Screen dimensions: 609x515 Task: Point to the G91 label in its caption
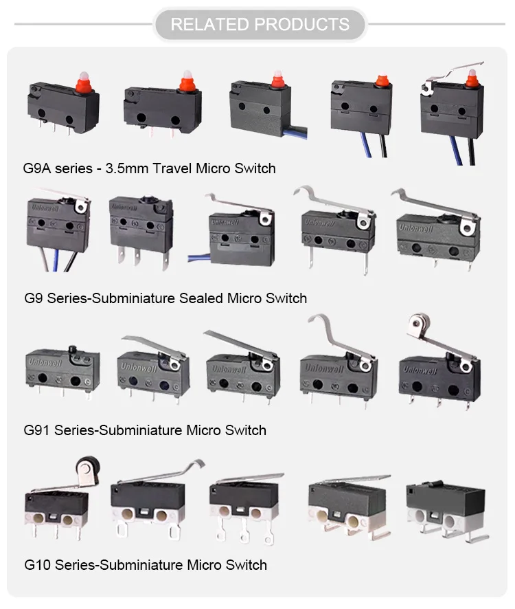[x=36, y=430]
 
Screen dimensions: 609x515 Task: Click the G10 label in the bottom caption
[x=36, y=565]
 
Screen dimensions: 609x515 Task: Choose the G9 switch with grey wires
[x=58, y=227]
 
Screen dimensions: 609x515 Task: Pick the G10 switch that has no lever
[x=446, y=505]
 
